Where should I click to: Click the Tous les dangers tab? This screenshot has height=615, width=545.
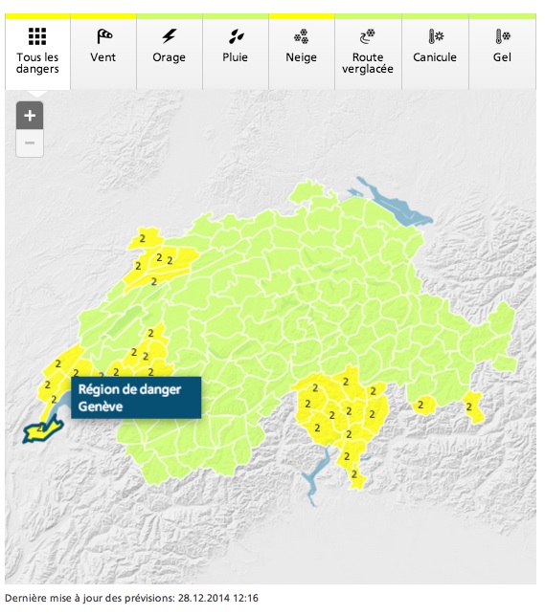[37, 52]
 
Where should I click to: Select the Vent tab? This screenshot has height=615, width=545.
[103, 52]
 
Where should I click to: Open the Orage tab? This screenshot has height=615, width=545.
[170, 52]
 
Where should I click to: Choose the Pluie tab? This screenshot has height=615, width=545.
[235, 52]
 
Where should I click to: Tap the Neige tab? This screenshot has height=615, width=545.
[301, 52]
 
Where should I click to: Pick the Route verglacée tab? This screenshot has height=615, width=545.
[367, 52]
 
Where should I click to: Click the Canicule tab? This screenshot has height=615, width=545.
[434, 52]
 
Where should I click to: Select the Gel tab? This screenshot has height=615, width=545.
[501, 52]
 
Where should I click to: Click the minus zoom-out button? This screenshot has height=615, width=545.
[30, 143]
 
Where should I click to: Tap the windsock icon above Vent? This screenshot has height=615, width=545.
[103, 37]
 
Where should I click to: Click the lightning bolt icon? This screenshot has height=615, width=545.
[170, 37]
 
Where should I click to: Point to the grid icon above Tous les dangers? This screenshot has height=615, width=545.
[37, 37]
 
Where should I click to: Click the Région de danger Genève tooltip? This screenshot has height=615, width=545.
[135, 397]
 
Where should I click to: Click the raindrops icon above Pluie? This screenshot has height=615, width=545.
[235, 37]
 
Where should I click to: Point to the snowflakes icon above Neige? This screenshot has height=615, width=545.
[301, 37]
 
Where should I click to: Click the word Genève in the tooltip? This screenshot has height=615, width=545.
[101, 406]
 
